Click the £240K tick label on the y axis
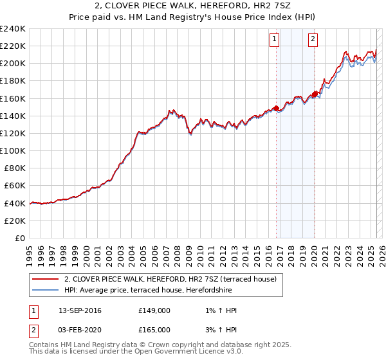click(x=13, y=28)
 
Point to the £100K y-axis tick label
click(x=13, y=150)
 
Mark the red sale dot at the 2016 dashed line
click(x=276, y=108)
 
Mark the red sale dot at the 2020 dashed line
click(x=315, y=94)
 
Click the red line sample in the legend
click(x=46, y=279)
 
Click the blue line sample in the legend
click(x=46, y=290)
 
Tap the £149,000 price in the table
click(x=154, y=310)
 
